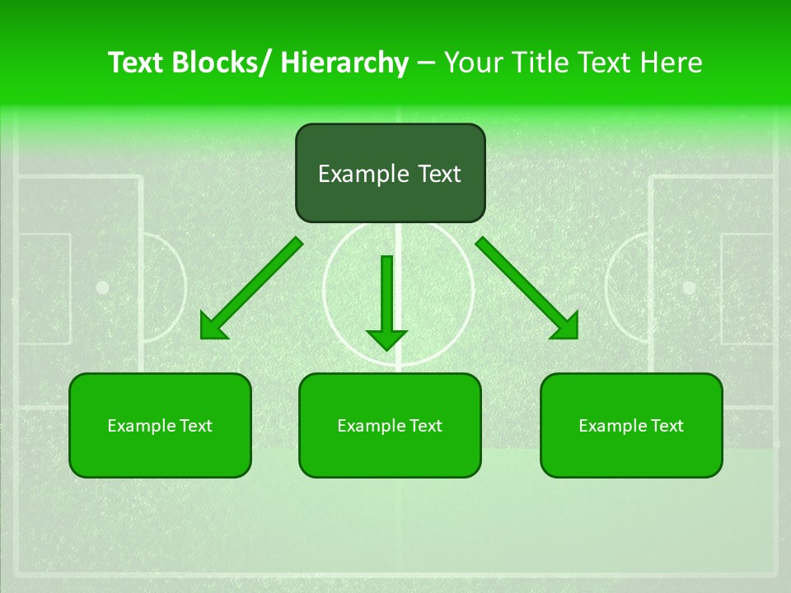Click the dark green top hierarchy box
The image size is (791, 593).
(x=390, y=173)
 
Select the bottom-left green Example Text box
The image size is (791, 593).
(x=160, y=425)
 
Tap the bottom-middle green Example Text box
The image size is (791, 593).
(x=390, y=425)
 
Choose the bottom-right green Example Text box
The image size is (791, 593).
(x=631, y=425)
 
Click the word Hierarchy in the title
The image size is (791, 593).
(x=344, y=63)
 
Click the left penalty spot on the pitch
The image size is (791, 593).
(x=102, y=287)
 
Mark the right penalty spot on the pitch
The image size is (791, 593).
(x=689, y=287)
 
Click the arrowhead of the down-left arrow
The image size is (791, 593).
(x=212, y=328)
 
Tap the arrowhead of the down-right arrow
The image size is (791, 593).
(x=566, y=327)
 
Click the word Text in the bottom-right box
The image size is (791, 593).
(x=667, y=425)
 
